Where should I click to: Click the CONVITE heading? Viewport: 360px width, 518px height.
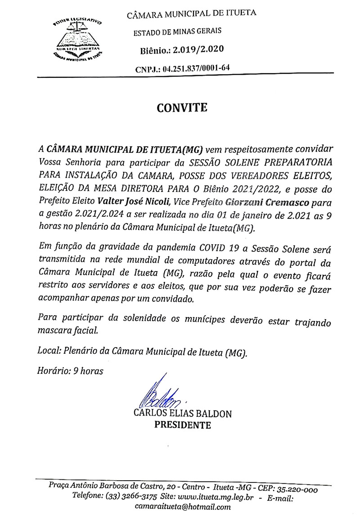pyautogui.click(x=182, y=108)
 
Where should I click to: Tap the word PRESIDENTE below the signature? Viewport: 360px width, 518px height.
pyautogui.click(x=183, y=425)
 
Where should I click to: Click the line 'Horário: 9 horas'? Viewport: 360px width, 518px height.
pyautogui.click(x=70, y=371)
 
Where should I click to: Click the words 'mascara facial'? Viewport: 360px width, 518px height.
pyautogui.click(x=67, y=331)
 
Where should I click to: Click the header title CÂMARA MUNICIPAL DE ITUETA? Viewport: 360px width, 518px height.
pyautogui.click(x=192, y=13)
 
